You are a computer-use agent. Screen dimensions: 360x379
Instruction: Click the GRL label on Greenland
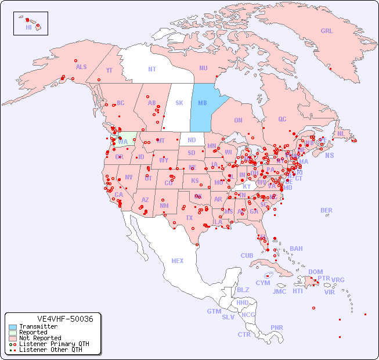[327, 31]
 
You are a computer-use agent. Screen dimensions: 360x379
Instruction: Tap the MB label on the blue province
[203, 103]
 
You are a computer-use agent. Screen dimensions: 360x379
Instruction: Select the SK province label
[179, 103]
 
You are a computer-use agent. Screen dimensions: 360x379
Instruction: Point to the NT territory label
[152, 69]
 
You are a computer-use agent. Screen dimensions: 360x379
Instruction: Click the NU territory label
[203, 68]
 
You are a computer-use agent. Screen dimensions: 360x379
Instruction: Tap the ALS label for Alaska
[81, 67]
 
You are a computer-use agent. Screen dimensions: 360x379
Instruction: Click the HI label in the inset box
[28, 27]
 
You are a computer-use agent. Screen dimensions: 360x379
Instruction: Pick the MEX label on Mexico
[178, 261]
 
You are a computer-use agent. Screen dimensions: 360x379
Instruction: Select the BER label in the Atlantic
[327, 210]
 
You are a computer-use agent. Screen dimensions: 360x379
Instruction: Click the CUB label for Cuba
[247, 255]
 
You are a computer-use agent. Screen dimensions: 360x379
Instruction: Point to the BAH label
[296, 249]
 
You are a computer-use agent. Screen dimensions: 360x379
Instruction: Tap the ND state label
[192, 140]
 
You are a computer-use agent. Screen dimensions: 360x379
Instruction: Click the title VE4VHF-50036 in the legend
[53, 319]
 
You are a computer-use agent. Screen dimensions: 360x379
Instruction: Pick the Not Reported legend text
[40, 338]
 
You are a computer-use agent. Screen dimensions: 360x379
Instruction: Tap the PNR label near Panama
[277, 327]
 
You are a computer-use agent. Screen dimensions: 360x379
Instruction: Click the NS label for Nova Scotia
[329, 155]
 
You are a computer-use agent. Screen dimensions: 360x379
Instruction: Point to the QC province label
[282, 119]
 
